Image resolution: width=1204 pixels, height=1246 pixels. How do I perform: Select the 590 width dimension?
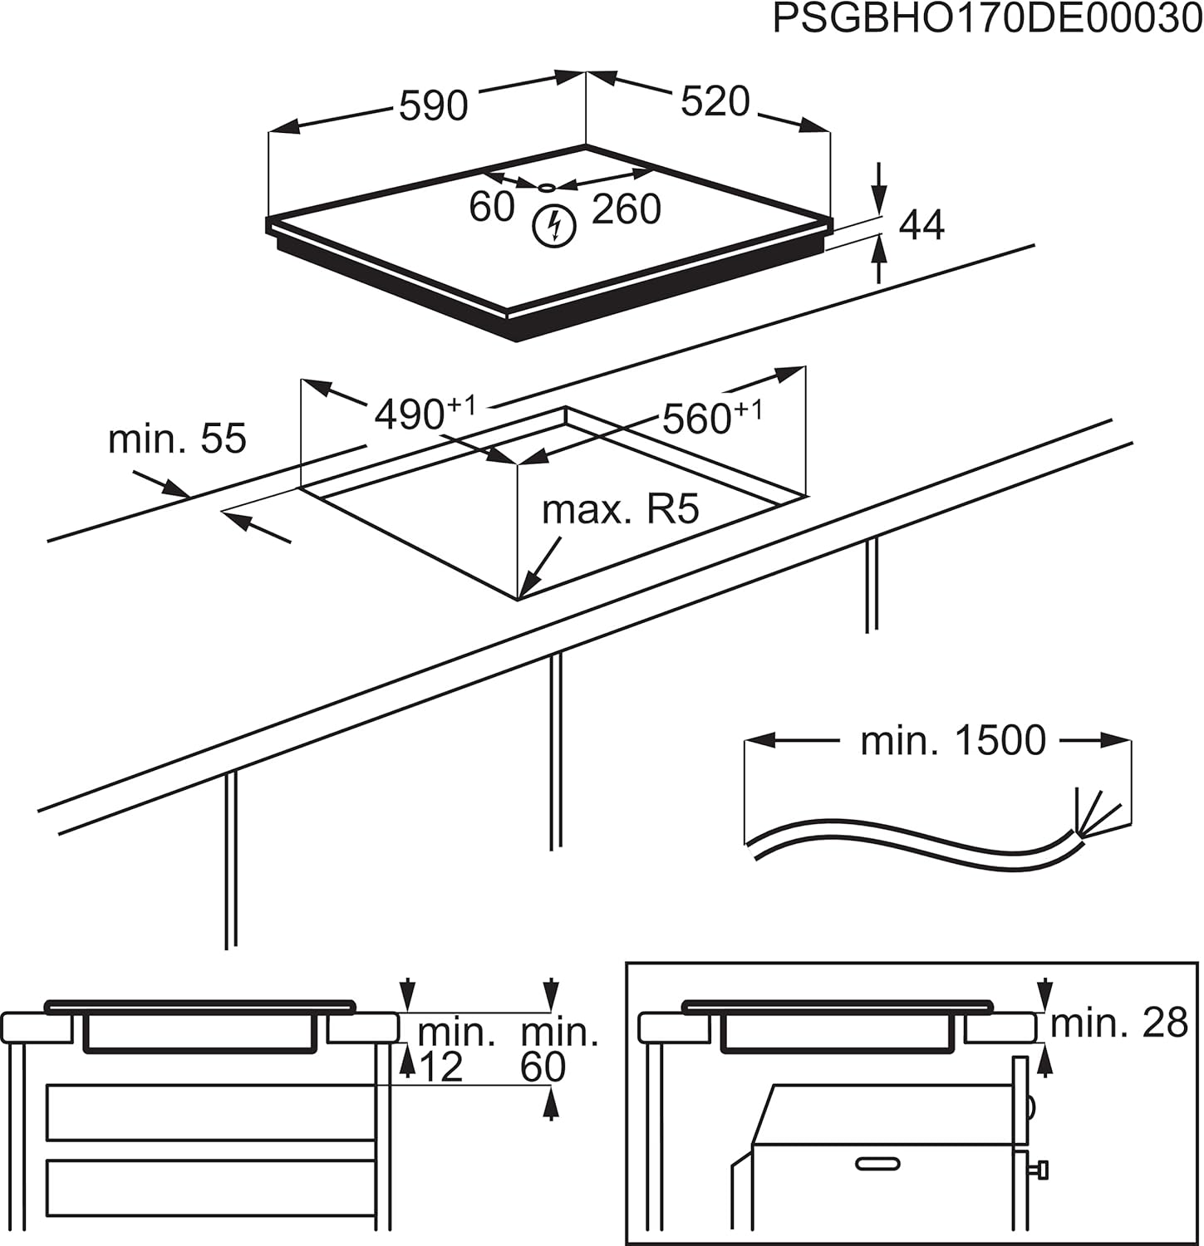[433, 106]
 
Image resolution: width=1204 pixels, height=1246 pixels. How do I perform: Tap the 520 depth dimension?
[715, 101]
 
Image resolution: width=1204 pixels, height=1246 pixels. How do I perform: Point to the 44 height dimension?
[921, 225]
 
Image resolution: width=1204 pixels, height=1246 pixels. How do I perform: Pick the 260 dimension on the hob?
[626, 208]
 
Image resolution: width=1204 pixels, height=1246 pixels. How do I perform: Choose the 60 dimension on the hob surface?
[491, 207]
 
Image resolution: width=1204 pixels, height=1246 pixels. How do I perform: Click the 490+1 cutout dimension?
[425, 413]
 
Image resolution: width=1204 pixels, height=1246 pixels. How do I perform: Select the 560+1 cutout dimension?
[711, 418]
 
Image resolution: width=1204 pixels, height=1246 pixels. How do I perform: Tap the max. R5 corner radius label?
[621, 509]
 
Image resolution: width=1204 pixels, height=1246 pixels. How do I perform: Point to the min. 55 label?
[177, 438]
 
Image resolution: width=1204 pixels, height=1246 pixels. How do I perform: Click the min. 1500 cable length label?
[952, 740]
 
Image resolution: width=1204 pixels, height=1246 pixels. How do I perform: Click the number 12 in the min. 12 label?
[440, 1067]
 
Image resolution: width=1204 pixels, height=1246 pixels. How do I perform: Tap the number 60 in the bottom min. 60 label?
[543, 1067]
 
